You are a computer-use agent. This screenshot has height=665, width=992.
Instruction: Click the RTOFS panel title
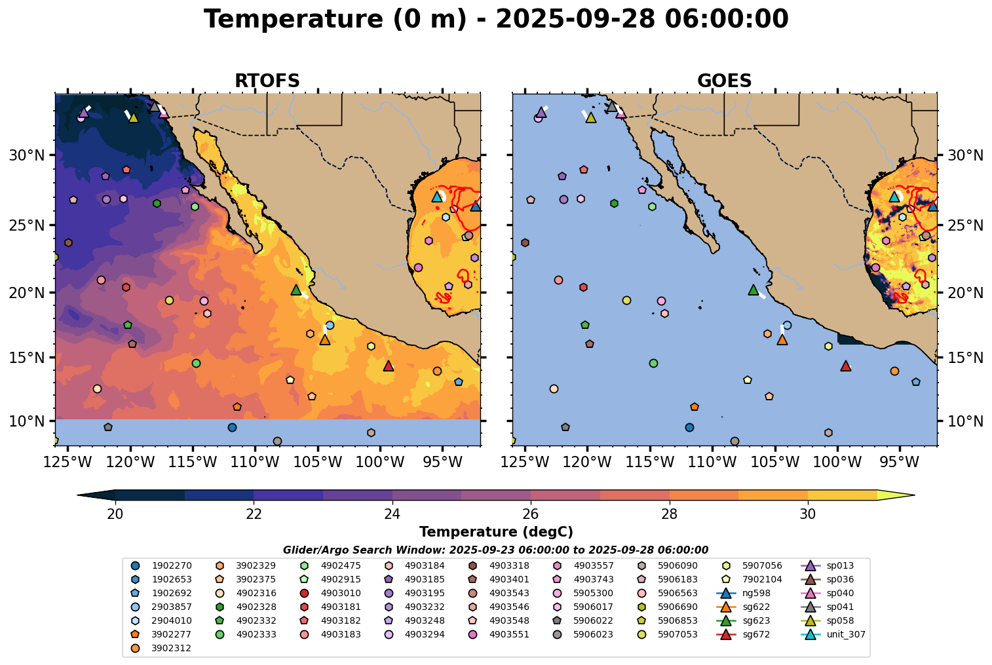pos(267,81)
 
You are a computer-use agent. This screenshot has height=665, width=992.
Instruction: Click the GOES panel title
pos(724,81)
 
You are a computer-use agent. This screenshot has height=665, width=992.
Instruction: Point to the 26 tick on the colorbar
pos(531,514)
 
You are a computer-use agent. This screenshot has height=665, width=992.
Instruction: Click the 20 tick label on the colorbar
pos(115,514)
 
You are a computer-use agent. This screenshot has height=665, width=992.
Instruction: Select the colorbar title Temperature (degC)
pos(496,532)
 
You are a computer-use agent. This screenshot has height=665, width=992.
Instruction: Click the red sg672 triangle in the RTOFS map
pos(389,366)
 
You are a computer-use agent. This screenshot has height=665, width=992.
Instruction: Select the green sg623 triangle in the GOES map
pos(754,290)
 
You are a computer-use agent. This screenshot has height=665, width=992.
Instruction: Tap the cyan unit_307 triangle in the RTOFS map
pos(437,197)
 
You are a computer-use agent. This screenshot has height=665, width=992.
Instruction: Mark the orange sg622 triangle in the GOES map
pos(782,340)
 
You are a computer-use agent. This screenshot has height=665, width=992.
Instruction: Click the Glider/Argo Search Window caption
pos(495,550)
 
